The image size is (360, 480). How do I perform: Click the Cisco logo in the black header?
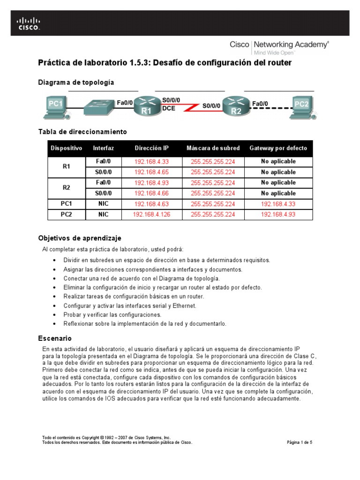29,23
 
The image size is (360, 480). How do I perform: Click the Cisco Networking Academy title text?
279,45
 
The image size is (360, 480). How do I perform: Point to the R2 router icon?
235,106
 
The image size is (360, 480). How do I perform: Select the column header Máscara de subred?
213,148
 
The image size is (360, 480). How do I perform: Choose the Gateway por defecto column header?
278,148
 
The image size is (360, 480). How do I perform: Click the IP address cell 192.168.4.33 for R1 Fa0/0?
151,162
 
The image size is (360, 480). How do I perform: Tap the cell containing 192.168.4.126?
151,215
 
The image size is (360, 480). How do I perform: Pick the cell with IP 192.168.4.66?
151,193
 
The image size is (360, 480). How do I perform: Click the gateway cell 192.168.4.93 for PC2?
278,215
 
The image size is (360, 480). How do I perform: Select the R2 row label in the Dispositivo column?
66,188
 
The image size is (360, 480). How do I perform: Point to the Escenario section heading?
54,337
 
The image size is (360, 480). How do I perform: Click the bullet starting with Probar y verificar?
112,315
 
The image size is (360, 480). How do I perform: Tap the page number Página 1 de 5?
299,442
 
